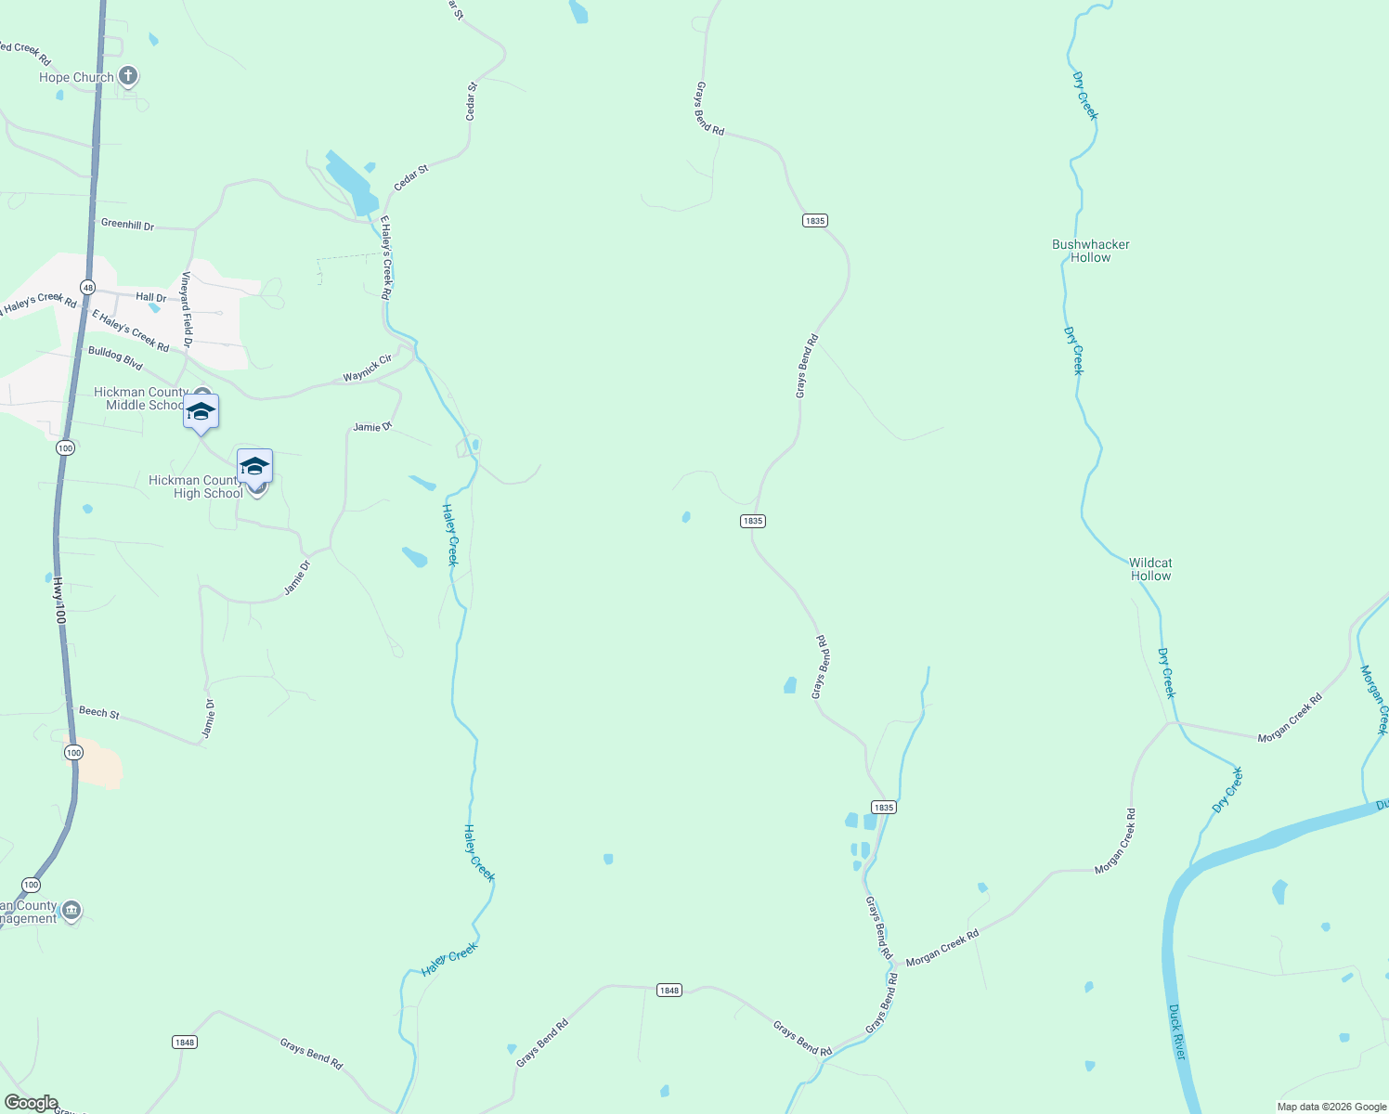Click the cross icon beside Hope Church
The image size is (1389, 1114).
pos(128,76)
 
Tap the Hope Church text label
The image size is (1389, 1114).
pos(76,78)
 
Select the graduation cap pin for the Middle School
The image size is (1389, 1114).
pos(201,412)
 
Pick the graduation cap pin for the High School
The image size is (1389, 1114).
pos(254,466)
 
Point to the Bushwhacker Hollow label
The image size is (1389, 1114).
pos(1091,252)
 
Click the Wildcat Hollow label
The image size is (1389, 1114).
pos(1150,569)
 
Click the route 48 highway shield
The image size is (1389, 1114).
pos(87,288)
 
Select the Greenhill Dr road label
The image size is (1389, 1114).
pos(127,225)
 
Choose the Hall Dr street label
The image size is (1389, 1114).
pos(150,298)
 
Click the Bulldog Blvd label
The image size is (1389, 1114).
pos(115,357)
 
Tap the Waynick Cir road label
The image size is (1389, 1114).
pos(368,369)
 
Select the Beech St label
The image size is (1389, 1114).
pos(99,712)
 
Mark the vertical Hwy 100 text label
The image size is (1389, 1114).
pos(59,601)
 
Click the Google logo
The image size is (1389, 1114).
pos(31,1103)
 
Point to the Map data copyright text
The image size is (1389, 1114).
pos(1331,1107)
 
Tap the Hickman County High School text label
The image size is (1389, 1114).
pos(196,486)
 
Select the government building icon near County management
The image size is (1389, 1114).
pos(71,911)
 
